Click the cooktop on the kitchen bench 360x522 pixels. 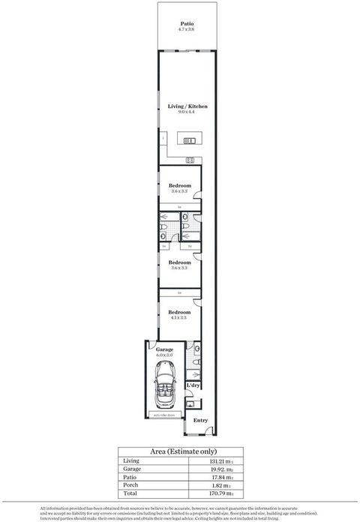190,160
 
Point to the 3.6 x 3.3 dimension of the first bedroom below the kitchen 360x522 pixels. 180,192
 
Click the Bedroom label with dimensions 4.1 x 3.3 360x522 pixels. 180,312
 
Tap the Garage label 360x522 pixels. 164,349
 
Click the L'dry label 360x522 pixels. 193,385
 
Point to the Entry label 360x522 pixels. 200,420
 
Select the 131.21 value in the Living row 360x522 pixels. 223,462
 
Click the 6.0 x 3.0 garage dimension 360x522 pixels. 164,355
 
